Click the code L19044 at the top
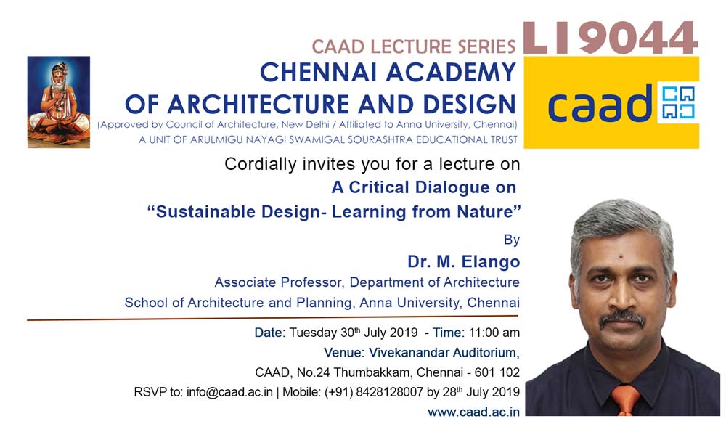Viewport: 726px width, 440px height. [611, 38]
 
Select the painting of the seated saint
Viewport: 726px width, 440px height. [59, 102]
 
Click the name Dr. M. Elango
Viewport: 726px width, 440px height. [463, 261]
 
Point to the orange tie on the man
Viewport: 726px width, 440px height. [625, 399]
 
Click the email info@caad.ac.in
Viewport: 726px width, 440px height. [229, 392]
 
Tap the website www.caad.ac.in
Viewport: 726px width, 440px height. [473, 412]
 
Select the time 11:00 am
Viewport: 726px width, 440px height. [494, 333]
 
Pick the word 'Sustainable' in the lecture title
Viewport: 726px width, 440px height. [205, 212]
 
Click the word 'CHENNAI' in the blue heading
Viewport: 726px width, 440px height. [319, 73]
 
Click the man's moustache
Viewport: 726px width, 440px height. [622, 319]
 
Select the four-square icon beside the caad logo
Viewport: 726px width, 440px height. [678, 102]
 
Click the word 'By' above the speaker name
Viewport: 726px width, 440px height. [512, 240]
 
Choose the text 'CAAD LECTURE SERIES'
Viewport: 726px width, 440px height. [414, 46]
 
